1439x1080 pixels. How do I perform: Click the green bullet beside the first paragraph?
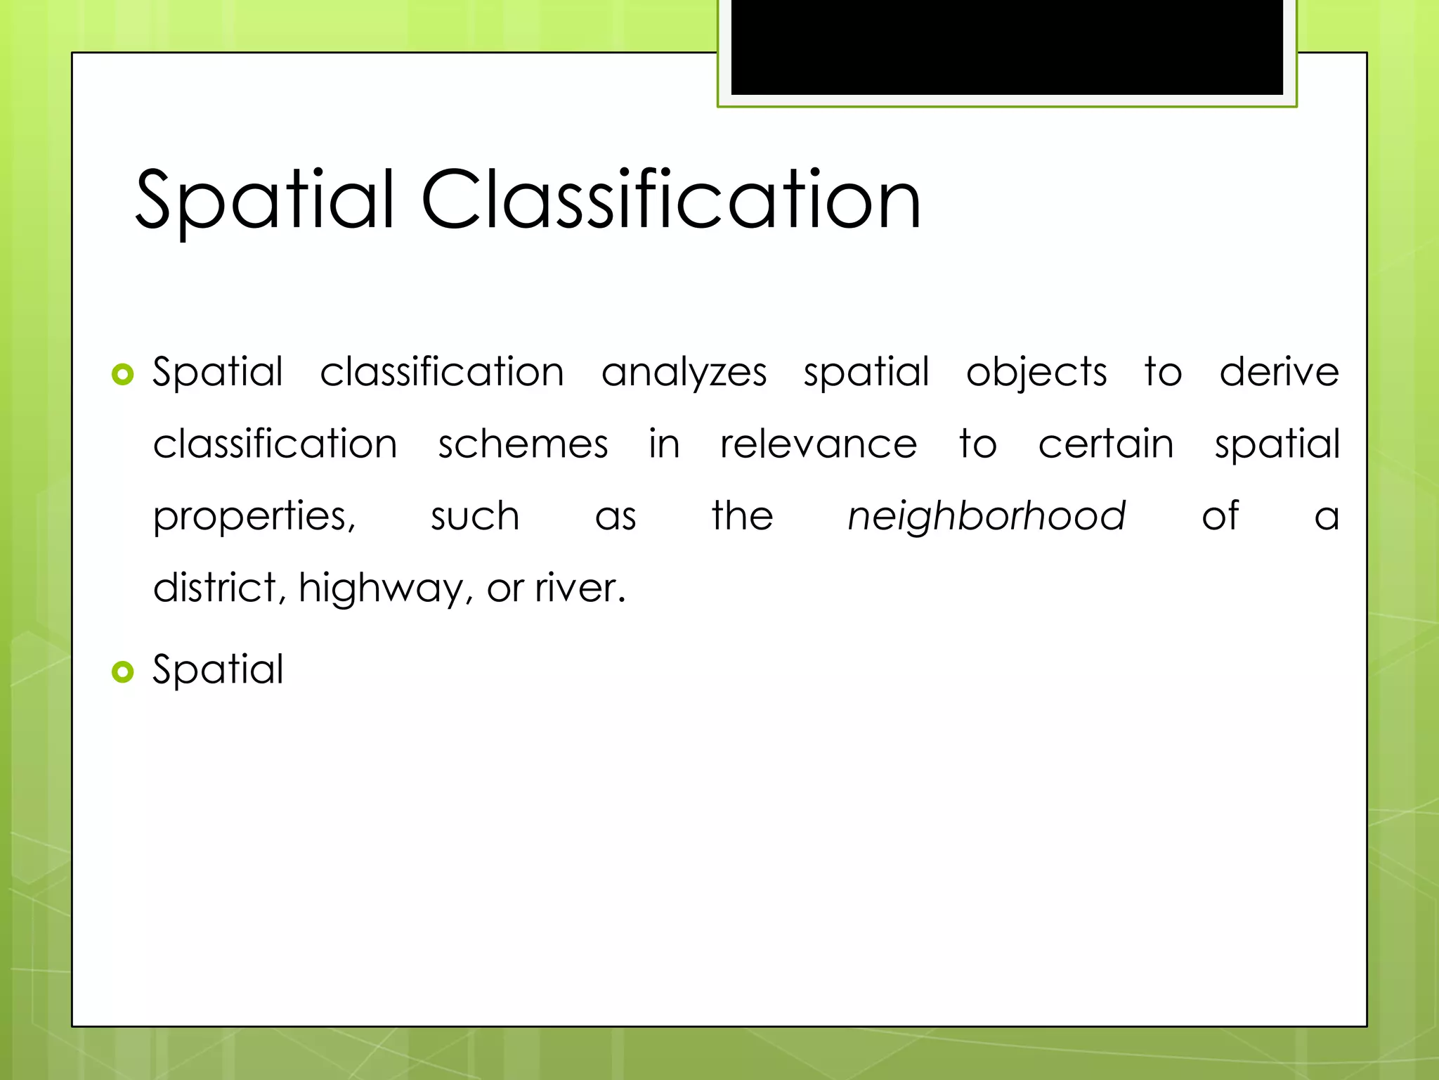point(122,375)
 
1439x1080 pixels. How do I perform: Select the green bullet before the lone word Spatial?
point(122,672)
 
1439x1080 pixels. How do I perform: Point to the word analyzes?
point(684,373)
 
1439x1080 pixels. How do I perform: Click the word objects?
point(1036,373)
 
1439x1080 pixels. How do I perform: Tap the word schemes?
point(523,444)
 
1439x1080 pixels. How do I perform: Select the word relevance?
point(819,444)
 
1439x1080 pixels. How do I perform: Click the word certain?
point(1106,444)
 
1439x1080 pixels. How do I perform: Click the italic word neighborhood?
point(987,517)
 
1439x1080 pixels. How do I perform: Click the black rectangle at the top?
point(1007,47)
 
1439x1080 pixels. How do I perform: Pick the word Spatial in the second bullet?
point(219,669)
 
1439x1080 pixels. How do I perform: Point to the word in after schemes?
point(664,444)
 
